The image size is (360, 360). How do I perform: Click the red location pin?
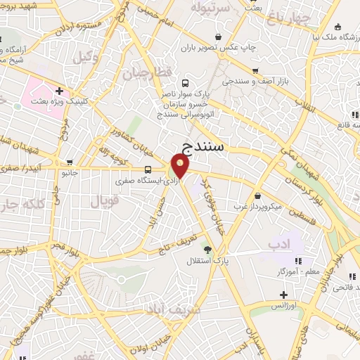[181, 166]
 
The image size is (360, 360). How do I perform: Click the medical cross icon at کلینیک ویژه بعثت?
[59, 91]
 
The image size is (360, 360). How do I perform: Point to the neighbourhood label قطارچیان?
[148, 72]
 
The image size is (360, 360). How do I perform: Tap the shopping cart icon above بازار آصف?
[255, 70]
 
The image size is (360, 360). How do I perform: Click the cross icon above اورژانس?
[283, 295]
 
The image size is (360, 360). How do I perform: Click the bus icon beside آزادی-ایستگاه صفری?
[148, 169]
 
